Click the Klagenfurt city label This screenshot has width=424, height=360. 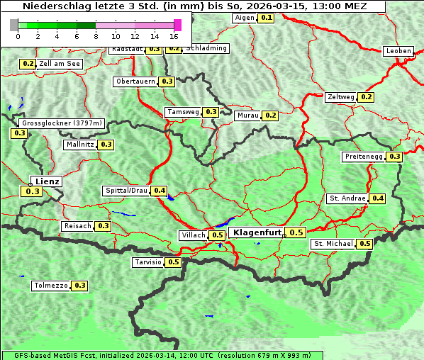[257, 232]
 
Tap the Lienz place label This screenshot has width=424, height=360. [48, 181]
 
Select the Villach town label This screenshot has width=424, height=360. [194, 235]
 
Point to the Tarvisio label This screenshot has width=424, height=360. [147, 262]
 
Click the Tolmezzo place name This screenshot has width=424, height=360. [50, 286]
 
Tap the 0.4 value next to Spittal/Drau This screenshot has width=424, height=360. [160, 191]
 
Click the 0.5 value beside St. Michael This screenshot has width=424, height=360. [365, 244]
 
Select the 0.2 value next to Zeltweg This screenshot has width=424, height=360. [367, 97]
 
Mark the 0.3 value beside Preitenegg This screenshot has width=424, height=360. [395, 157]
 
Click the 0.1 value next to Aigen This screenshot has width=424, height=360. [266, 17]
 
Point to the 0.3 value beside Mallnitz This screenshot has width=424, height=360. [106, 145]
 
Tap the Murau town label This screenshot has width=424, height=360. [248, 115]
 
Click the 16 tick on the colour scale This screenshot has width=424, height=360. [174, 36]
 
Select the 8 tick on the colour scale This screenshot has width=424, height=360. [96, 36]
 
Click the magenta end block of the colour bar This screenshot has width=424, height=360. [177, 25]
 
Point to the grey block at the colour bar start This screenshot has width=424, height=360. [14, 25]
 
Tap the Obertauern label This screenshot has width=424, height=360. [135, 81]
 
